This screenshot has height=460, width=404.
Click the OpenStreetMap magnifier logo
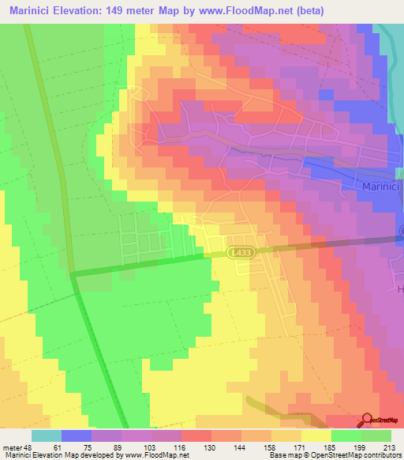tap(367, 419)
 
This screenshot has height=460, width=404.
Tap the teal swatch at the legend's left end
tap(46, 435)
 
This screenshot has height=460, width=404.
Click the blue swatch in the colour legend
tap(76, 435)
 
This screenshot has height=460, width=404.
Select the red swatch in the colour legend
tap(196, 435)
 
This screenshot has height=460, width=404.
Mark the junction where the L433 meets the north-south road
tap(73, 274)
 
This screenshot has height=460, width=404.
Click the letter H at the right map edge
tap(398, 289)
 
